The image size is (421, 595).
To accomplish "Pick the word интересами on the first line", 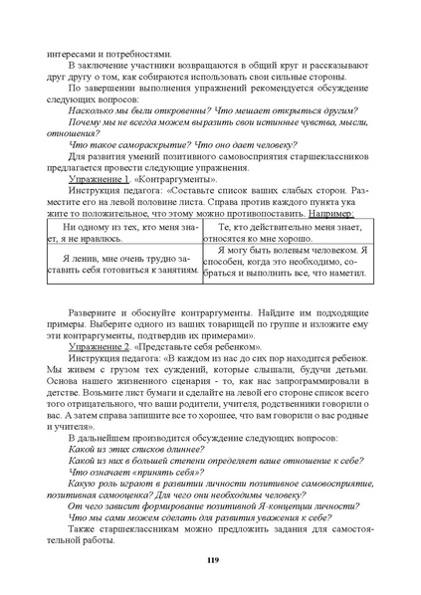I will click(x=71, y=54).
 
